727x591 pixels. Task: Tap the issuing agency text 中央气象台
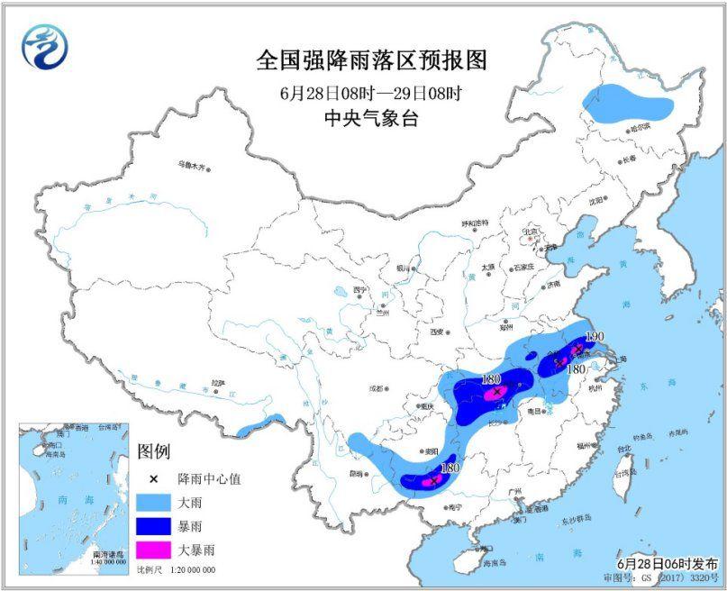(371, 118)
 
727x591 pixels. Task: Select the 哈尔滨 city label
(639, 128)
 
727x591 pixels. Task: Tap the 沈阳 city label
(595, 201)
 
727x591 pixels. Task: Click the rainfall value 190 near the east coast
(594, 336)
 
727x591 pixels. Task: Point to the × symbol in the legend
(154, 479)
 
